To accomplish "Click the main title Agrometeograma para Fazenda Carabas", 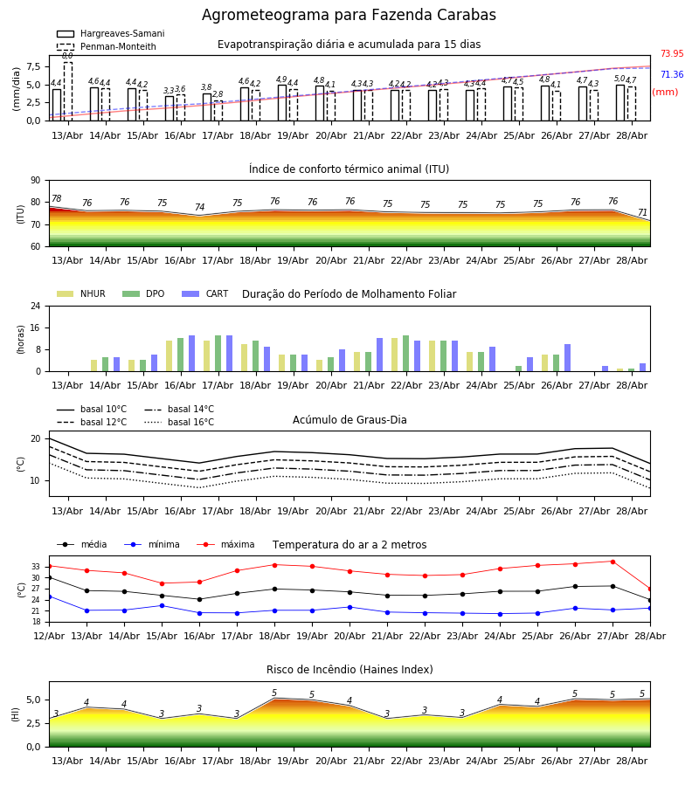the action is coord(349,15).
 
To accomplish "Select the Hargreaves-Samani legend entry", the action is coord(110,33).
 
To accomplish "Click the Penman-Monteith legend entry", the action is coord(107,46).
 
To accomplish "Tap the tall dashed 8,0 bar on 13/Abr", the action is coord(67,91).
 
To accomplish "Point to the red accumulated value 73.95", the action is coord(672,53).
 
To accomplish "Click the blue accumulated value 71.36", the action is coord(672,75).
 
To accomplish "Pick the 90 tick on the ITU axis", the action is coord(36,181).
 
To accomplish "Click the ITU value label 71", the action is coord(642,212).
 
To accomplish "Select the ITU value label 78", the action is coord(56,198).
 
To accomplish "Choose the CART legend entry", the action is coord(204,293).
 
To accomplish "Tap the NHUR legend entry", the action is coord(81,293).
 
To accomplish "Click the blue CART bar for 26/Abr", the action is coord(568,358).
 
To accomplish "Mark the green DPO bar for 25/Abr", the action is coord(518,369).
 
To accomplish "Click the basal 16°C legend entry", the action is coord(179,422).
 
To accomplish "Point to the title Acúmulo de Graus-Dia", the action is coord(349,419).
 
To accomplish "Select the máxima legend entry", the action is coord(225,544).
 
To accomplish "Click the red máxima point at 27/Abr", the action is coord(612,562).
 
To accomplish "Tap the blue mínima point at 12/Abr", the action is coord(49,596).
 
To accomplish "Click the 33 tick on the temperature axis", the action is coord(36,567).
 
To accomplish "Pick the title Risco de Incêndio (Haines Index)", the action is coord(349,670).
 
